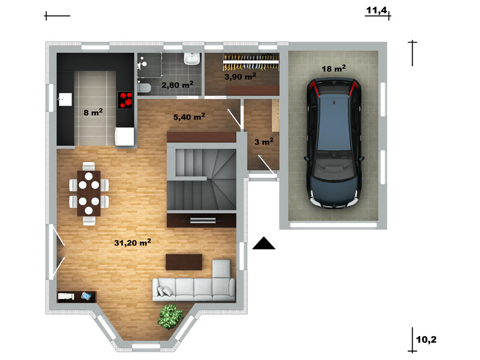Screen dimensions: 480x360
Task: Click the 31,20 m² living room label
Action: point(133,242)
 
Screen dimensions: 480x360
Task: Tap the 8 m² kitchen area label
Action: point(93,112)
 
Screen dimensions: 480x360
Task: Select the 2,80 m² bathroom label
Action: point(177,85)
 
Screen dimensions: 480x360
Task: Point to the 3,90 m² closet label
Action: point(241,76)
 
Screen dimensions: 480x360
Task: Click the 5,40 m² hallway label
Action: point(189,116)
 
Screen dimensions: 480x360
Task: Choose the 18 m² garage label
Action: point(334,68)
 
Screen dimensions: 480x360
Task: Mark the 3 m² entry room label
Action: point(264,142)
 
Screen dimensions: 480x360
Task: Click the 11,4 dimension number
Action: point(377,10)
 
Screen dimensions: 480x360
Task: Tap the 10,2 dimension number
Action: point(426,340)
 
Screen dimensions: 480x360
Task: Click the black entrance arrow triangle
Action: point(263,243)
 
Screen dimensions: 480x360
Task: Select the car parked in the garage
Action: point(334,143)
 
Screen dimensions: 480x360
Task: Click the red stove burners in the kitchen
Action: point(125,100)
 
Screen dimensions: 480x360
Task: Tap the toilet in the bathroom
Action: point(143,88)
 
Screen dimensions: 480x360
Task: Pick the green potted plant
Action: point(170,317)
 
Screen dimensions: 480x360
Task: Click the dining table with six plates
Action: point(89,193)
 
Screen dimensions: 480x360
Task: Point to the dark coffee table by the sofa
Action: point(184,262)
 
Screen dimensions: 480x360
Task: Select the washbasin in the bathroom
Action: point(192,58)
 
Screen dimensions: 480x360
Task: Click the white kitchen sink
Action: point(65,100)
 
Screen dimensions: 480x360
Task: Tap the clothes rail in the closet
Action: point(251,62)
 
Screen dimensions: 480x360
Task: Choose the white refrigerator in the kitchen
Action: point(124,137)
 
